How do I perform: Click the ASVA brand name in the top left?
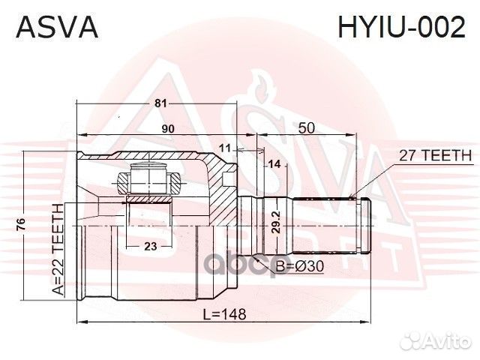pyautogui.click(x=56, y=28)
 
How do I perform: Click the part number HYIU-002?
pyautogui.click(x=402, y=28)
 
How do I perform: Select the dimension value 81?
pyautogui.click(x=159, y=103)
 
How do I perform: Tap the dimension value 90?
pyautogui.click(x=168, y=129)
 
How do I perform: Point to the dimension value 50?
pyautogui.click(x=305, y=128)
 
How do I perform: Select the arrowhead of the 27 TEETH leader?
pyautogui.click(x=352, y=196)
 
